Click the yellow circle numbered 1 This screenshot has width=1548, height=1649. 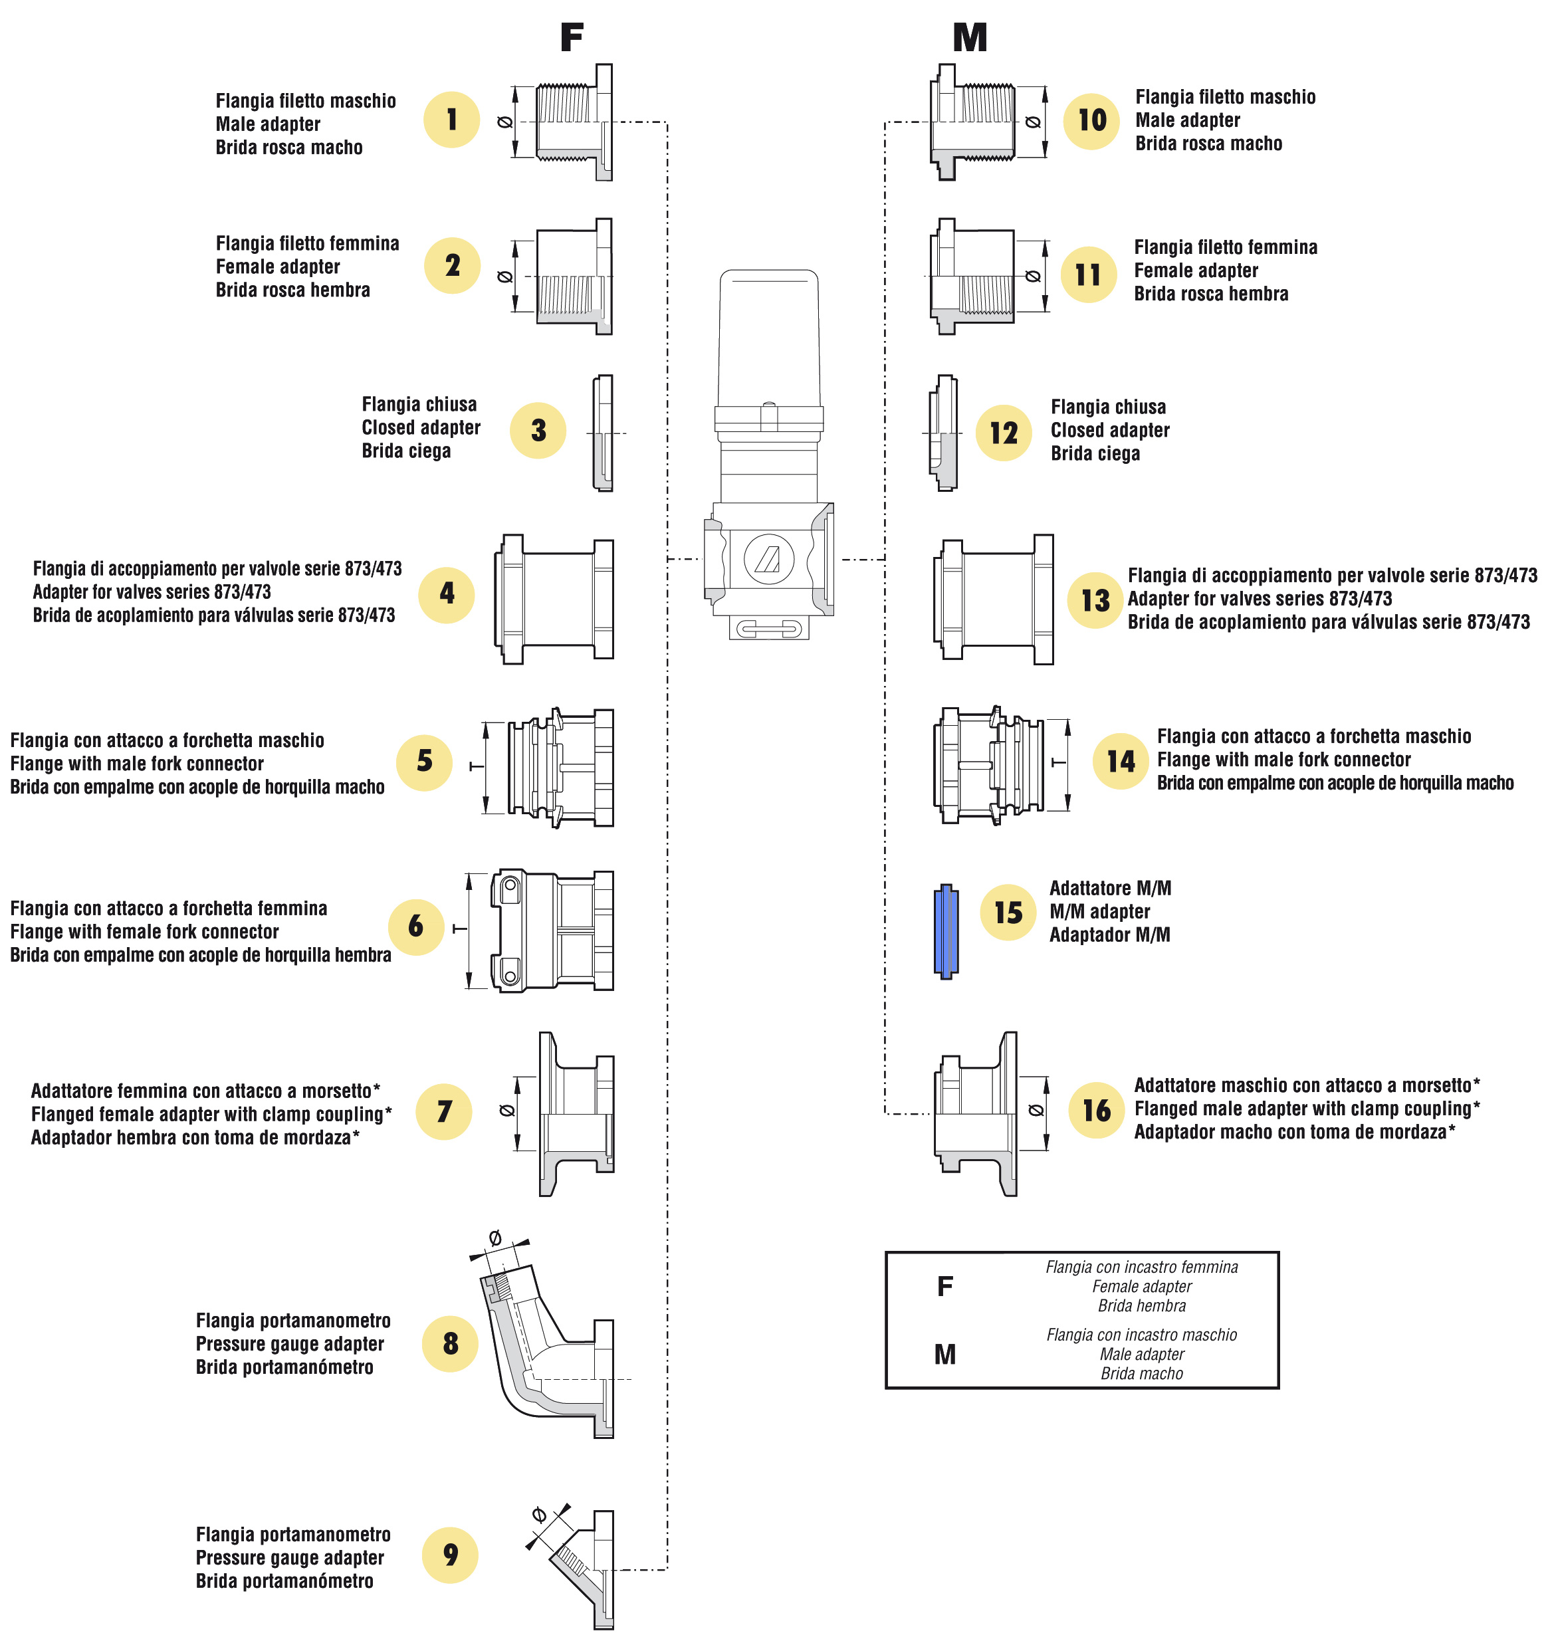pyautogui.click(x=451, y=120)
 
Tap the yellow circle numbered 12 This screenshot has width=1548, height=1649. pyautogui.click(x=1003, y=432)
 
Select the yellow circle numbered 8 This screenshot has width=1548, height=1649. pyautogui.click(x=449, y=1343)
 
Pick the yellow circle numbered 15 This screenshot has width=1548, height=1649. pyautogui.click(x=1008, y=913)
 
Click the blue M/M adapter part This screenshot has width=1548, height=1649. pyautogui.click(x=946, y=931)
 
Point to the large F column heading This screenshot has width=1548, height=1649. pyautogui.click(x=572, y=38)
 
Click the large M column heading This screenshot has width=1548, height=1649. pyautogui.click(x=970, y=38)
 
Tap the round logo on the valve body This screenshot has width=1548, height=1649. pyautogui.click(x=768, y=558)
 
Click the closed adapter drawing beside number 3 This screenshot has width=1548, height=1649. pyautogui.click(x=603, y=433)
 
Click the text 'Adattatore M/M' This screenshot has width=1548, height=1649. pyautogui.click(x=1110, y=889)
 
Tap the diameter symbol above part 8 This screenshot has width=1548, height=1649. pyautogui.click(x=495, y=1238)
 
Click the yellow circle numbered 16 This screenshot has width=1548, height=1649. pyautogui.click(x=1096, y=1111)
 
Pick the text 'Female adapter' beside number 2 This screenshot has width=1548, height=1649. pyautogui.click(x=278, y=267)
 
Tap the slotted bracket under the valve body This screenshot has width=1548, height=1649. pyautogui.click(x=769, y=629)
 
